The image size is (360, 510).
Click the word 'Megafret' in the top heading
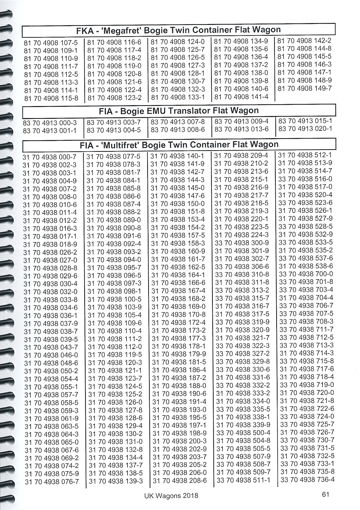tap(122, 30)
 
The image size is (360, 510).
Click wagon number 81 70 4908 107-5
tap(51, 43)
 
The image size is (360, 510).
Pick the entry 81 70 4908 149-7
tap(304, 88)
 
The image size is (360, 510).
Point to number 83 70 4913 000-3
tap(50, 123)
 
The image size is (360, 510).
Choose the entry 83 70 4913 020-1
tap(305, 129)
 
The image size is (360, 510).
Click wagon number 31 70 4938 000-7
tap(49, 157)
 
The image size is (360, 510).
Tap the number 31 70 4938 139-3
tap(116, 481)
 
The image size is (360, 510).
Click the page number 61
tap(325, 494)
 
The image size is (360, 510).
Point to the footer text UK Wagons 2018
tap(171, 496)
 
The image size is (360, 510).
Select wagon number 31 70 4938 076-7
tap(52, 482)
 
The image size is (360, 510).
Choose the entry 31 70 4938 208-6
tap(180, 481)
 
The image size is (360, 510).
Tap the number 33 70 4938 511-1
tap(243, 480)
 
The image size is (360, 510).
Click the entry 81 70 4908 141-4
tap(241, 97)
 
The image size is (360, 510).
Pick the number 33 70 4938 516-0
tap(305, 179)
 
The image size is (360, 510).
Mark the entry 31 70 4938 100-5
tap(114, 299)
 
